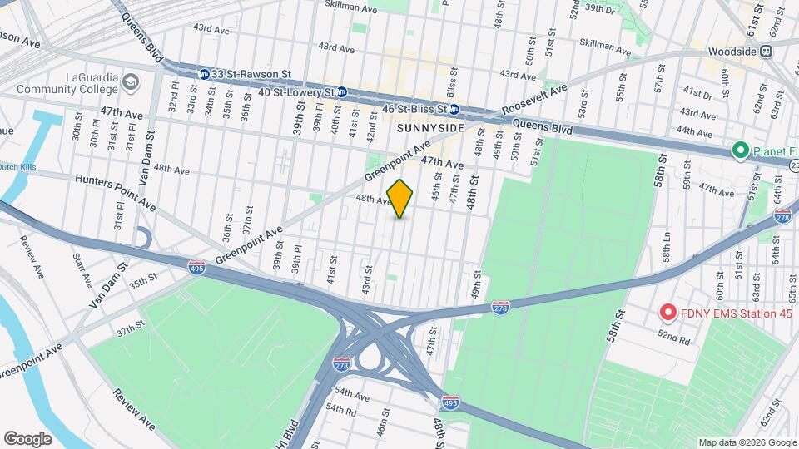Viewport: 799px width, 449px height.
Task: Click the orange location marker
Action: [x=400, y=199]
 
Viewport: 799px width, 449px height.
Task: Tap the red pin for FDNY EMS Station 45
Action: [x=667, y=313]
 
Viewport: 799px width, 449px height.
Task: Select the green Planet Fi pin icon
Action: [x=738, y=150]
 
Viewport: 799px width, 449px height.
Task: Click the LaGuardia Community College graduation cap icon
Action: [x=131, y=82]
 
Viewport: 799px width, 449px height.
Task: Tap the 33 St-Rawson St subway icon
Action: [x=203, y=74]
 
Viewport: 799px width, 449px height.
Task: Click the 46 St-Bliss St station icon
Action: [x=454, y=109]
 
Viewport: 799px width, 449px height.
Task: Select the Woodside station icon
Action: [x=766, y=52]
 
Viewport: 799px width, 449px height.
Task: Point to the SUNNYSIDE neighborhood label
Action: [x=428, y=127]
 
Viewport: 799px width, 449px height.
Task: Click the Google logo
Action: [x=27, y=438]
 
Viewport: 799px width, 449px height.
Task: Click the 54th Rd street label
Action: [x=341, y=409]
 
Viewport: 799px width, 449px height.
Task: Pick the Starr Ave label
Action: [x=82, y=271]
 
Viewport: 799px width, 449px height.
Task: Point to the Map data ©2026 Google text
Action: [x=747, y=442]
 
